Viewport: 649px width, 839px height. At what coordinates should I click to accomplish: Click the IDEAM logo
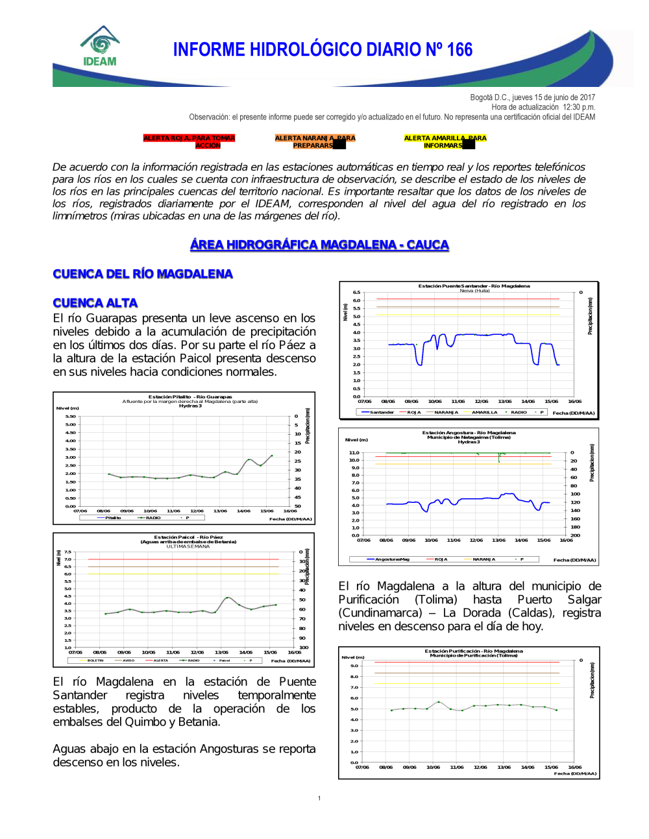[x=100, y=47]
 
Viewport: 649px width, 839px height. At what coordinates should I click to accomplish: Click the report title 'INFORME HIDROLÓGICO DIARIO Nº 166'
[x=323, y=50]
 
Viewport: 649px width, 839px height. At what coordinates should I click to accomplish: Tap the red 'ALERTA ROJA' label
[x=189, y=141]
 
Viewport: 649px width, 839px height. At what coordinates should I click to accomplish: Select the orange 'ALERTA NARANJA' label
[x=315, y=141]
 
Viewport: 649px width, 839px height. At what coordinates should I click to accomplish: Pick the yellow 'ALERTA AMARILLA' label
[x=445, y=141]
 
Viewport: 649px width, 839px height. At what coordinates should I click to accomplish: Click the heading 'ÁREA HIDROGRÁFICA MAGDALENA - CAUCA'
[x=319, y=245]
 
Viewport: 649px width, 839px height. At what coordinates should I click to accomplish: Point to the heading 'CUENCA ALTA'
[x=95, y=303]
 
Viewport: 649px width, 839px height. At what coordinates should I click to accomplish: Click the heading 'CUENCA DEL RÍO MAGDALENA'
[x=143, y=274]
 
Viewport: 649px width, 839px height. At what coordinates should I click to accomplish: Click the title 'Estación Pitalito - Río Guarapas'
[x=190, y=396]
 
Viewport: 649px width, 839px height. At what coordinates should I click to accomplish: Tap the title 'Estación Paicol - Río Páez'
[x=188, y=537]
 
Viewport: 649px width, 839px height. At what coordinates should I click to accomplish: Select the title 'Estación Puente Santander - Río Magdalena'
[x=474, y=286]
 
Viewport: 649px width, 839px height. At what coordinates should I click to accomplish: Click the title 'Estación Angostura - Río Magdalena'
[x=469, y=432]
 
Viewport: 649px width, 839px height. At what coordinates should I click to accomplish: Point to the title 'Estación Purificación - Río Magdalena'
[x=474, y=651]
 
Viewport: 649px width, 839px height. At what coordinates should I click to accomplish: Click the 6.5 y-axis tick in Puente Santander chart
[x=356, y=293]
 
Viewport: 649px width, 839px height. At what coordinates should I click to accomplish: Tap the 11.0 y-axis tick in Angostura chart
[x=354, y=453]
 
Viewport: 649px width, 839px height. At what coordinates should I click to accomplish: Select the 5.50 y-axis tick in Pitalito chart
[x=70, y=417]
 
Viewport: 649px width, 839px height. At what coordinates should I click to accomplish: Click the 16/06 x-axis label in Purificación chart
[x=574, y=767]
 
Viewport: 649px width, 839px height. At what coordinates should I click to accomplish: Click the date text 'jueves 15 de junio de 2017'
[x=554, y=97]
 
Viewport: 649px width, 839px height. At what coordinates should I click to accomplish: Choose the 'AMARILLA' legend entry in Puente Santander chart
[x=484, y=412]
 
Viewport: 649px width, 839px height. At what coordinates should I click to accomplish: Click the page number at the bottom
[x=319, y=798]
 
